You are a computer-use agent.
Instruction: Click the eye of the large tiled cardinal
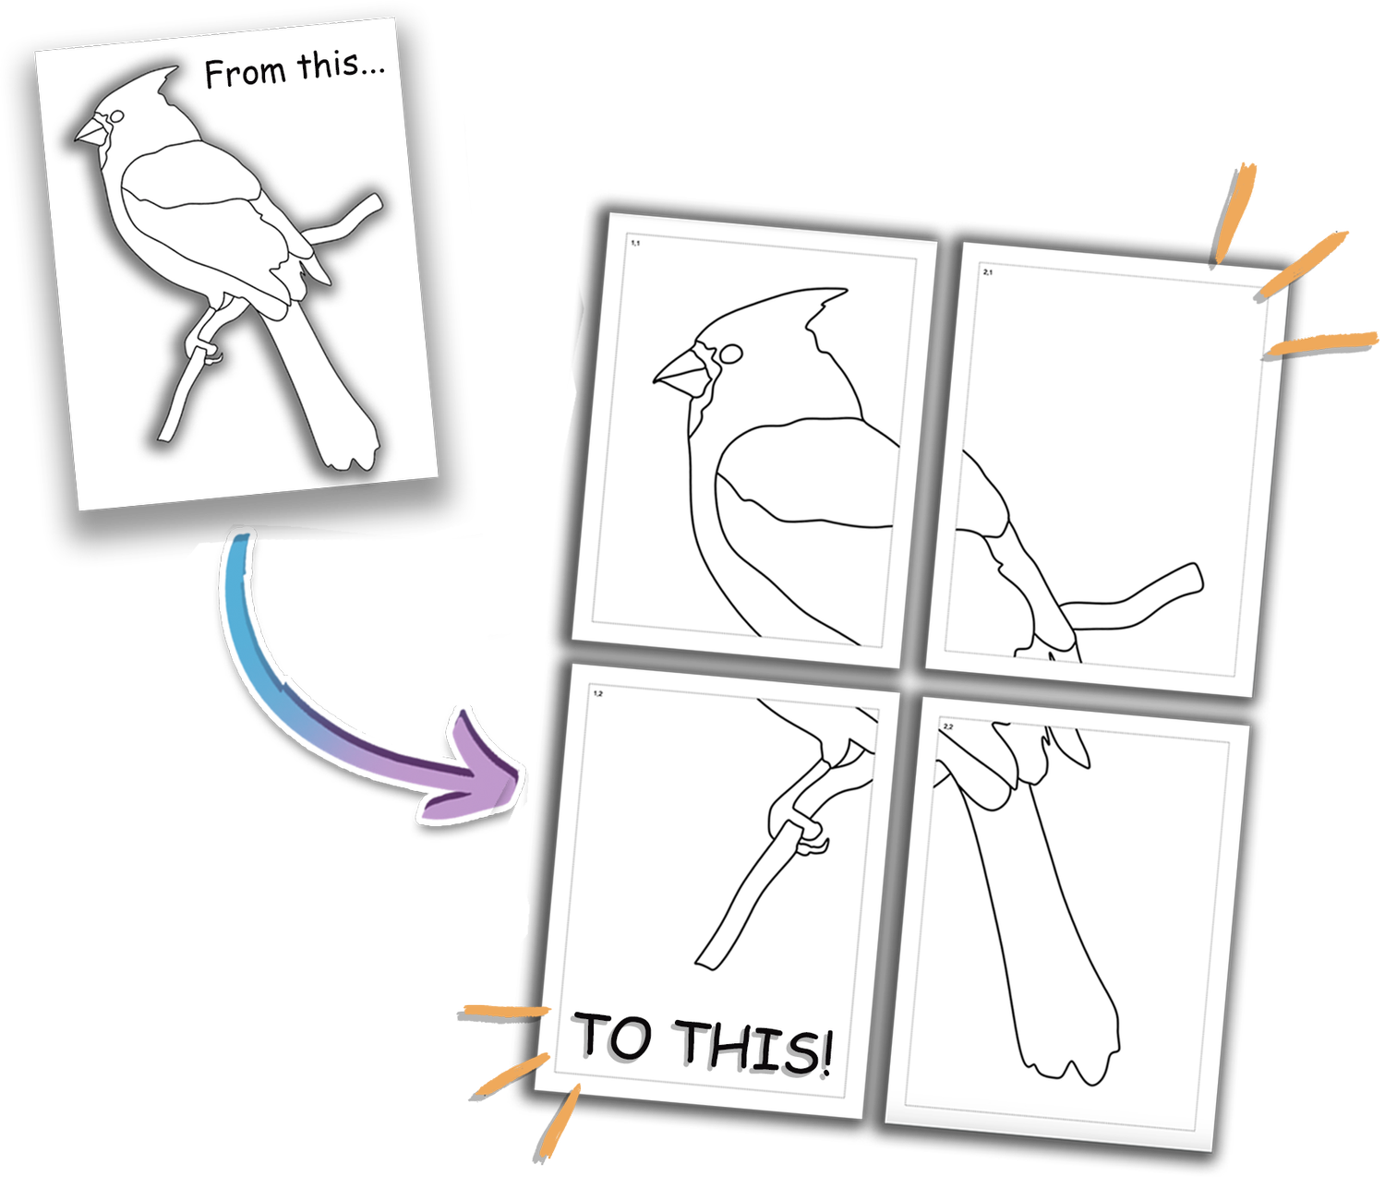(729, 354)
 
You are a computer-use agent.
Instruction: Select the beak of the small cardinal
(90, 132)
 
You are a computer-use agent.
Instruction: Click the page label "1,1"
(635, 243)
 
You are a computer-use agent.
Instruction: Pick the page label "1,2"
(598, 692)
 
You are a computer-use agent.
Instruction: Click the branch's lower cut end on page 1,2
(707, 960)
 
